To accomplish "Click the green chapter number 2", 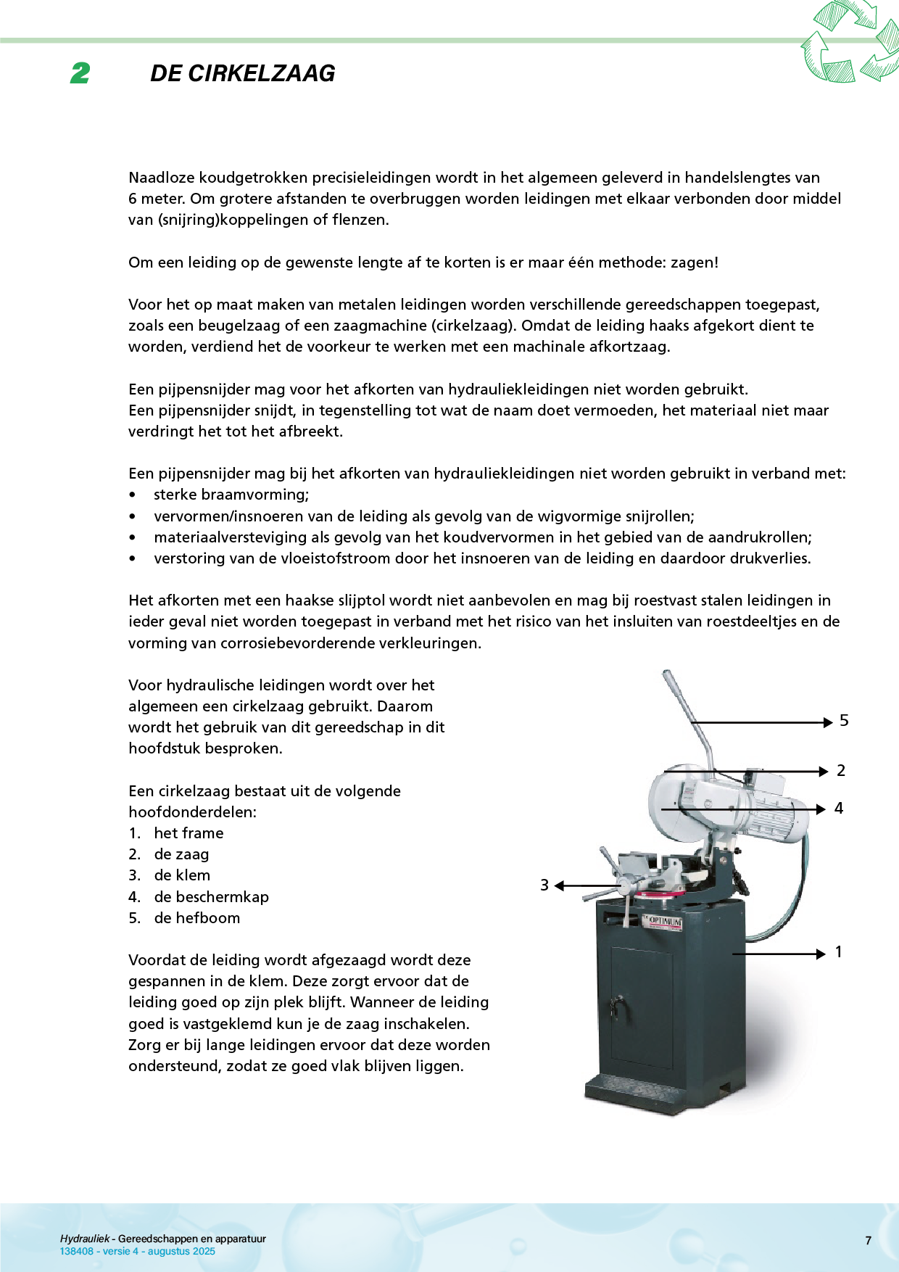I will click(x=80, y=73).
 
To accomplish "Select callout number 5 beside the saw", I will click(x=844, y=721).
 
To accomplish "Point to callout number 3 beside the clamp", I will click(x=544, y=885).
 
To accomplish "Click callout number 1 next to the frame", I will click(x=839, y=952).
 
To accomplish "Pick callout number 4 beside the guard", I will click(x=839, y=809).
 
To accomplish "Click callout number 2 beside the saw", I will click(x=841, y=771).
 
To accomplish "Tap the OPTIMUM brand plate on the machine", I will click(x=663, y=922).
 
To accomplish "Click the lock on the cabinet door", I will click(x=616, y=1005).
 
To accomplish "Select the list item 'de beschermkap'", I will click(x=211, y=897).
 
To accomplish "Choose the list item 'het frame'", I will click(x=188, y=833).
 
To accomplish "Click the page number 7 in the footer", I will click(x=868, y=1241).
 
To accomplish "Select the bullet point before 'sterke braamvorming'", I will click(x=132, y=495).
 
